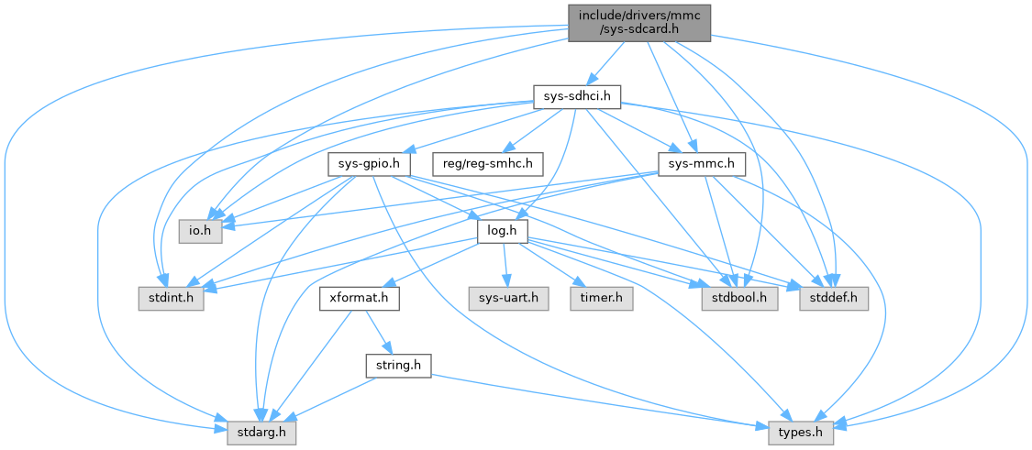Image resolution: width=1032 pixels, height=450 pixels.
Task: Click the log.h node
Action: [x=500, y=231]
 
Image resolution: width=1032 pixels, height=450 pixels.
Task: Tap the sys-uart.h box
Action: [x=507, y=298]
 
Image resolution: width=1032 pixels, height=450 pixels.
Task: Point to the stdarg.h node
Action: [x=261, y=430]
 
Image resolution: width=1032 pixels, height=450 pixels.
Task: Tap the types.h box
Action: [x=800, y=430]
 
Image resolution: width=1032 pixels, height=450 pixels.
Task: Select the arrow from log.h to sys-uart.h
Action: [x=504, y=265]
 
